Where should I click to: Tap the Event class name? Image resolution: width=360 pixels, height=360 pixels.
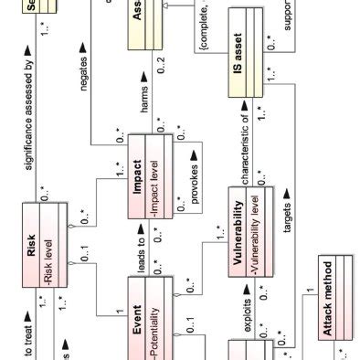pyautogui.click(x=133, y=322)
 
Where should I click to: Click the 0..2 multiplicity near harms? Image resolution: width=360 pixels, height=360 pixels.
pyautogui.click(x=162, y=66)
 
